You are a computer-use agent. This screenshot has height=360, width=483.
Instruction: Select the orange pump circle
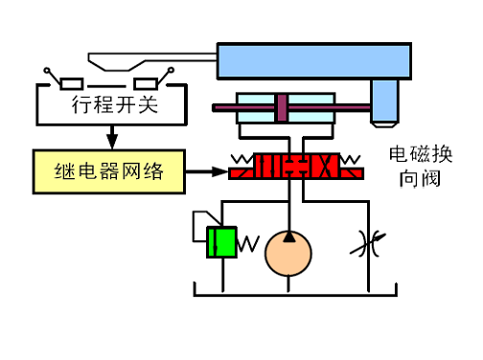coord(288,254)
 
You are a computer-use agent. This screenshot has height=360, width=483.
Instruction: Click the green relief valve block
coord(221,241)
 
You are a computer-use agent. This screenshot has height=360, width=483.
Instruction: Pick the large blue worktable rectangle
coord(317,62)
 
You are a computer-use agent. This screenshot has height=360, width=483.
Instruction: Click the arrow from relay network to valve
coord(205,172)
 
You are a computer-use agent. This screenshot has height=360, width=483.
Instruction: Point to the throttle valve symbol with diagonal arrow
coord(365,241)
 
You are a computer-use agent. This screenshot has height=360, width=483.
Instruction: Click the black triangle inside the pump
coord(288,236)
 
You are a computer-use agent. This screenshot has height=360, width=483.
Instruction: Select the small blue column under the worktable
coord(386,102)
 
